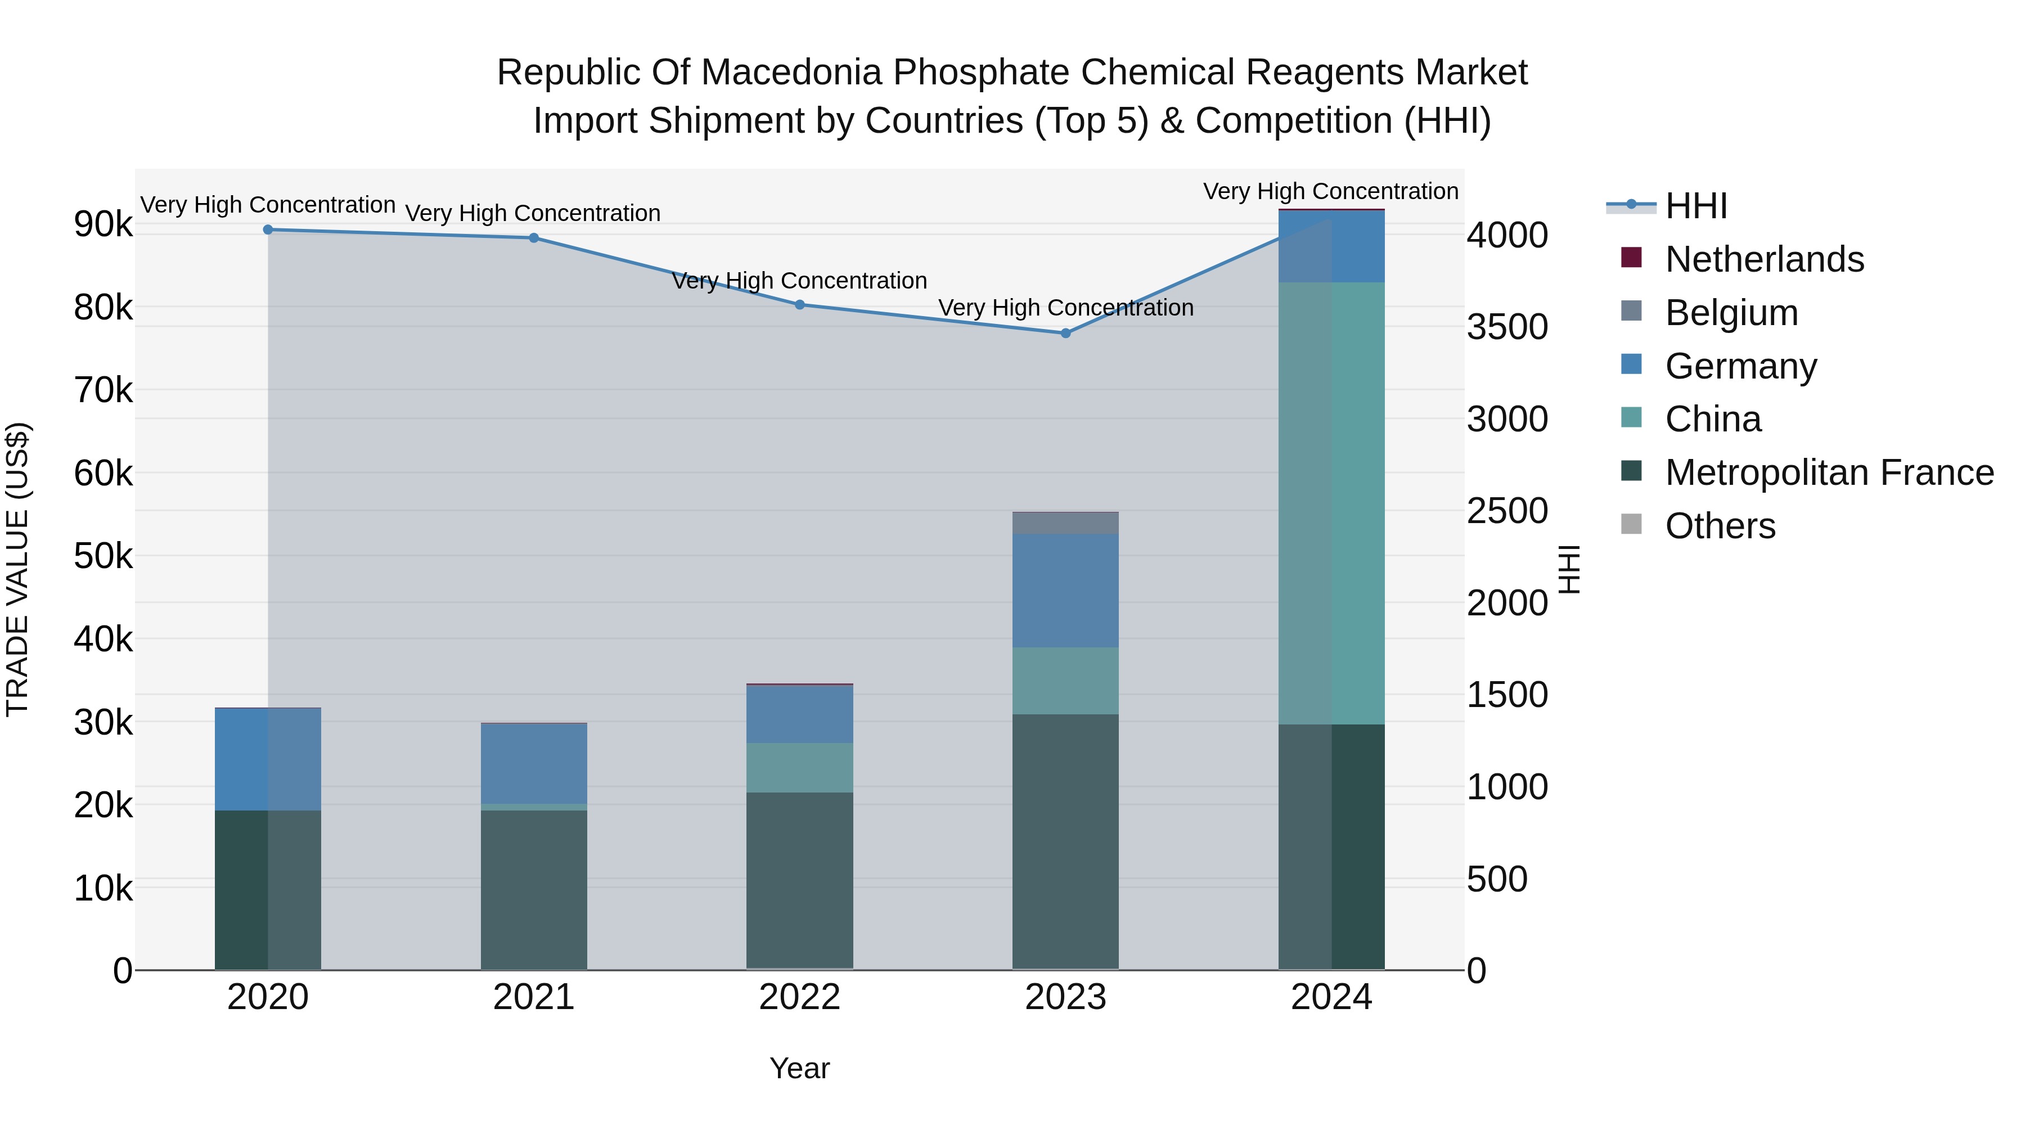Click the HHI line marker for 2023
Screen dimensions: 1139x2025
pyautogui.click(x=1065, y=334)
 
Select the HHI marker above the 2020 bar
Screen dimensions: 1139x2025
pyautogui.click(x=268, y=229)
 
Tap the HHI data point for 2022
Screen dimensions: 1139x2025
pyautogui.click(x=799, y=305)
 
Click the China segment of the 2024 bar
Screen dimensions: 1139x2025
pyautogui.click(x=1331, y=503)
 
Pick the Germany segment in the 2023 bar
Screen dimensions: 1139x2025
pyautogui.click(x=1065, y=591)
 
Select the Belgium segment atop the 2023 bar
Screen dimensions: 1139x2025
pyautogui.click(x=1065, y=523)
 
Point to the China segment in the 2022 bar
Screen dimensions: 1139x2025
pyautogui.click(x=799, y=767)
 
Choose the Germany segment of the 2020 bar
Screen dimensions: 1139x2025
pyautogui.click(x=268, y=759)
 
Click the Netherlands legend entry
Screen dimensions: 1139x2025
pyautogui.click(x=1764, y=259)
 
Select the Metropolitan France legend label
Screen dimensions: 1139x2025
pyautogui.click(x=1829, y=472)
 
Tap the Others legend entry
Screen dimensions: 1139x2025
pyautogui.click(x=1720, y=526)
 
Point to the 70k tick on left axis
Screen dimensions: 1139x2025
pyautogui.click(x=103, y=390)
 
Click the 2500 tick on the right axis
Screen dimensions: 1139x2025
pyautogui.click(x=1507, y=511)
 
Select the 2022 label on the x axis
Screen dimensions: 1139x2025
pyautogui.click(x=799, y=997)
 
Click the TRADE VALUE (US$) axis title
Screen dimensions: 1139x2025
pyautogui.click(x=17, y=569)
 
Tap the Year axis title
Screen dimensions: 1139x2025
pyautogui.click(x=799, y=1068)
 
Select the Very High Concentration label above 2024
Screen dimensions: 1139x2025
pyautogui.click(x=1330, y=191)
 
